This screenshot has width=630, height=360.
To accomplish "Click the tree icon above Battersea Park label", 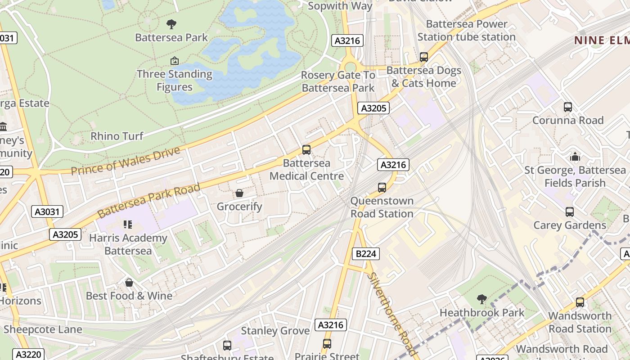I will pyautogui.click(x=171, y=24).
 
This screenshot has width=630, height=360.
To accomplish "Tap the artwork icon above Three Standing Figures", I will pyautogui.click(x=174, y=61).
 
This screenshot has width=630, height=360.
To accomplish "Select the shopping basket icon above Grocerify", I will pyautogui.click(x=239, y=193).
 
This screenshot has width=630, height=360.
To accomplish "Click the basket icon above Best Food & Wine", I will pyautogui.click(x=129, y=283).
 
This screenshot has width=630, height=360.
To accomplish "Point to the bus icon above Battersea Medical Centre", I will pyautogui.click(x=306, y=149).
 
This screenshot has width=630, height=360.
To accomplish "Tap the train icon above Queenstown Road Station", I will pyautogui.click(x=382, y=187).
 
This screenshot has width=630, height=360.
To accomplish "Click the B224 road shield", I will pyautogui.click(x=365, y=254).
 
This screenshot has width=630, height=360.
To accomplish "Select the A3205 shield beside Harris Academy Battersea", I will pyautogui.click(x=66, y=234).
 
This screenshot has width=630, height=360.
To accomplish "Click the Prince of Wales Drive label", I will pyautogui.click(x=126, y=161).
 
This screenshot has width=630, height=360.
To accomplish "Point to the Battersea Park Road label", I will pyautogui.click(x=148, y=200).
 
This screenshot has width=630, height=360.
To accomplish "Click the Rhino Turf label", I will pyautogui.click(x=117, y=136).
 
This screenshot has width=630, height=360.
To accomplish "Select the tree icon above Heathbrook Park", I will pyautogui.click(x=481, y=299).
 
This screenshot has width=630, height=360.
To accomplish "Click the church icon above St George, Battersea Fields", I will pyautogui.click(x=575, y=157).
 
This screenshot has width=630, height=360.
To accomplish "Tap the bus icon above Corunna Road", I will pyautogui.click(x=568, y=107).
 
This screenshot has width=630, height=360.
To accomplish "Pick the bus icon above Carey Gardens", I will pyautogui.click(x=570, y=211).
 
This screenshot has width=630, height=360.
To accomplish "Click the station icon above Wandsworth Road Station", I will pyautogui.click(x=580, y=302).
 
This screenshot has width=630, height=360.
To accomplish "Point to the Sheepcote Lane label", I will pyautogui.click(x=43, y=329).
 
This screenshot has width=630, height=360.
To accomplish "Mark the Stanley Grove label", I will pyautogui.click(x=275, y=331).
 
